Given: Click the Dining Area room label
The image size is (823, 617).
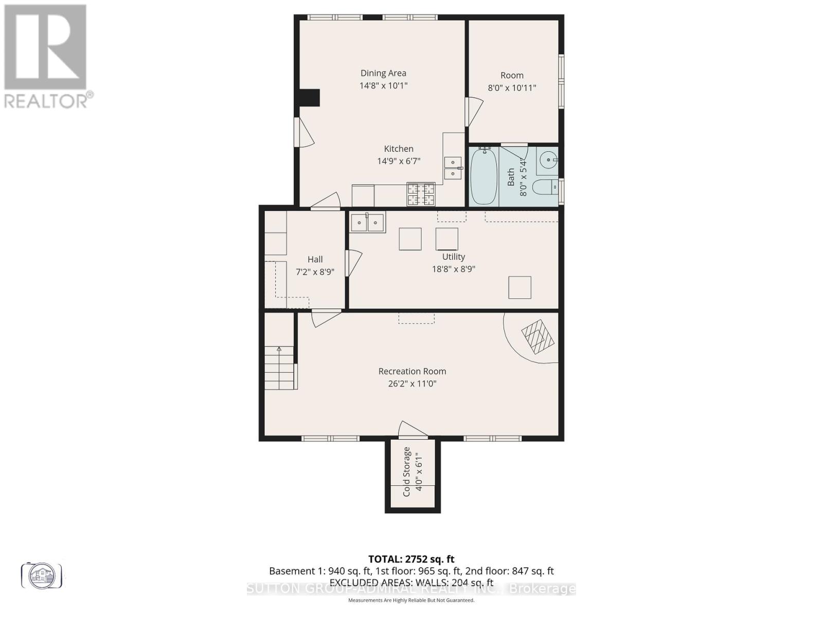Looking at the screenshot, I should point(383,73).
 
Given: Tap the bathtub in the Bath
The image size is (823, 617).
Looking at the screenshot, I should point(484,176).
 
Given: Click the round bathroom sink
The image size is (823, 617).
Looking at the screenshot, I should point(548,160).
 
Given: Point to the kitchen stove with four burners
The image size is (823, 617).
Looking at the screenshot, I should point(421,194).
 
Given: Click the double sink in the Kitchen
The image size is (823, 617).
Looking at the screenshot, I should point(453,168).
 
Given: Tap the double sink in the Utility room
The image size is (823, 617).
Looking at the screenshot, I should point(367,223).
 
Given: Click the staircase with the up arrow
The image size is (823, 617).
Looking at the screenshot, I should point(279,368).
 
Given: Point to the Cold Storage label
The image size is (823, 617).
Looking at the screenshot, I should point(406,471).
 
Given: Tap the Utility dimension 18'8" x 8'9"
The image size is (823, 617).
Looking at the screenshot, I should point(453,269).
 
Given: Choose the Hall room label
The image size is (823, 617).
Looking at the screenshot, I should point(315,260).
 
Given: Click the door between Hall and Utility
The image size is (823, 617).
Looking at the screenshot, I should point(353,263).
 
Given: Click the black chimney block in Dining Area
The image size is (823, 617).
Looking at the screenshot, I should point(310,97).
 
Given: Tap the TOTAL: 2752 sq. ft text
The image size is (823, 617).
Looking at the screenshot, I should point(411,559).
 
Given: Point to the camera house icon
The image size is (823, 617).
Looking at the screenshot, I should point(42,575).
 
